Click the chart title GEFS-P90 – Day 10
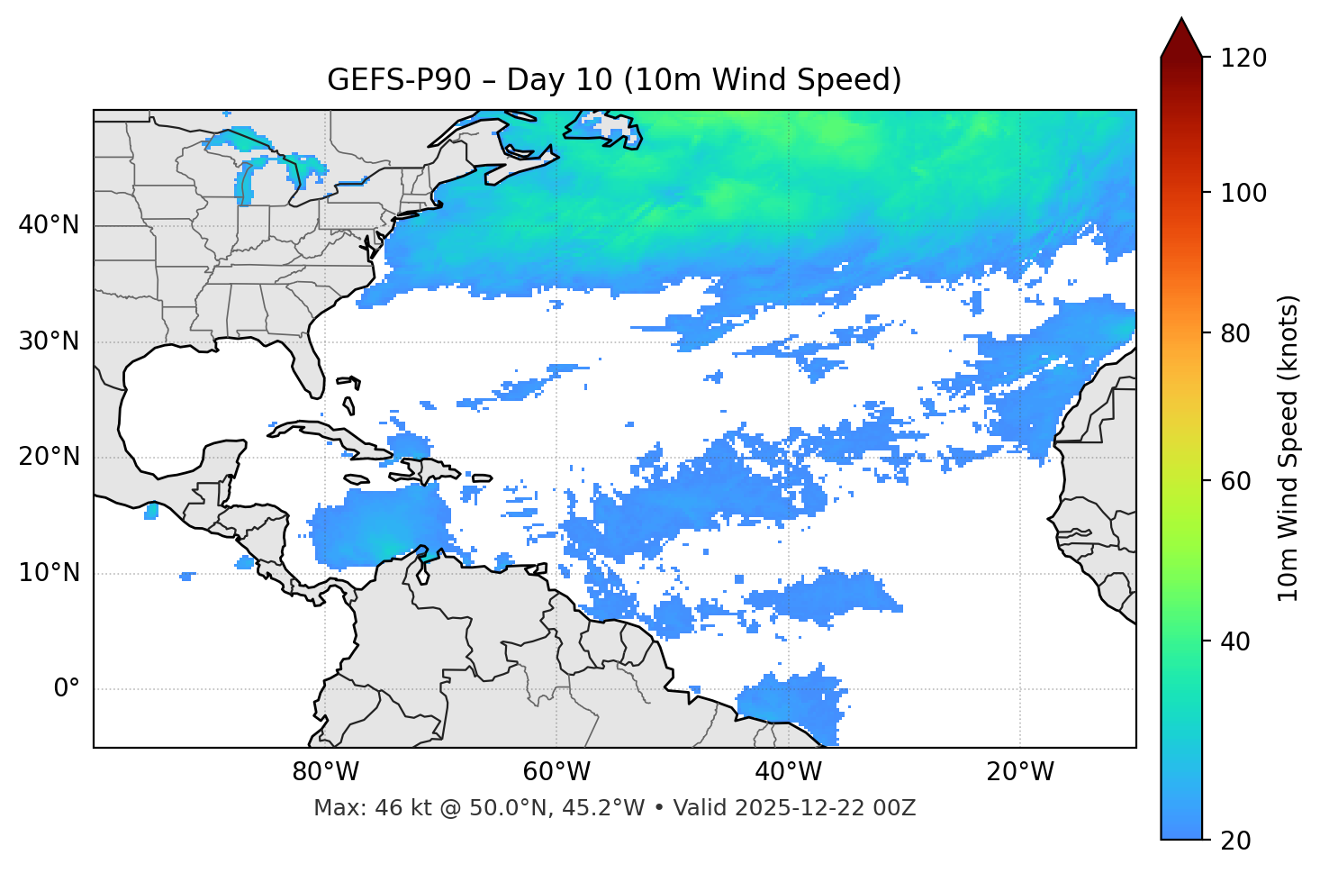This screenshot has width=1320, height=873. pyautogui.click(x=614, y=80)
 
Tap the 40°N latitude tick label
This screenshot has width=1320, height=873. pyautogui.click(x=49, y=224)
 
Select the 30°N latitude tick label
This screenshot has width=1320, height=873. pyautogui.click(x=49, y=341)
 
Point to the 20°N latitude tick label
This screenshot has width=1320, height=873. pyautogui.click(x=49, y=457)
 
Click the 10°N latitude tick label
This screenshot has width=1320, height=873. pyautogui.click(x=49, y=573)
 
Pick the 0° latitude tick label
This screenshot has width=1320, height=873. pyautogui.click(x=66, y=689)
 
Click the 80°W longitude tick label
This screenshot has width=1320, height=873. pyautogui.click(x=325, y=772)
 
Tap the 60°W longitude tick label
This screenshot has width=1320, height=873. pyautogui.click(x=556, y=772)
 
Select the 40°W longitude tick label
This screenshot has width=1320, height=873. pyautogui.click(x=788, y=772)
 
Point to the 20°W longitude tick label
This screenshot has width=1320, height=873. pyautogui.click(x=1019, y=772)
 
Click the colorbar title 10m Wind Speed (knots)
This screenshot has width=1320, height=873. pyautogui.click(x=1288, y=448)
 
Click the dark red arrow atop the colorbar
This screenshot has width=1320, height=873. pyautogui.click(x=1181, y=39)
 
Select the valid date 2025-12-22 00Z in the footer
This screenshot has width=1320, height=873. pyautogui.click(x=824, y=808)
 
